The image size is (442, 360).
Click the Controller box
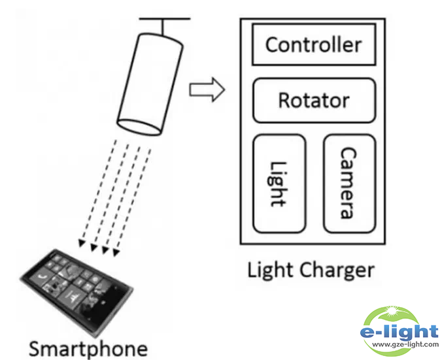(313, 44)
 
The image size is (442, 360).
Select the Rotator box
(314, 101)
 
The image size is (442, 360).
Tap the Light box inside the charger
(279, 184)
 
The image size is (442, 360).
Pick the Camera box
(349, 184)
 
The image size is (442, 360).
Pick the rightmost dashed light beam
(135, 196)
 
